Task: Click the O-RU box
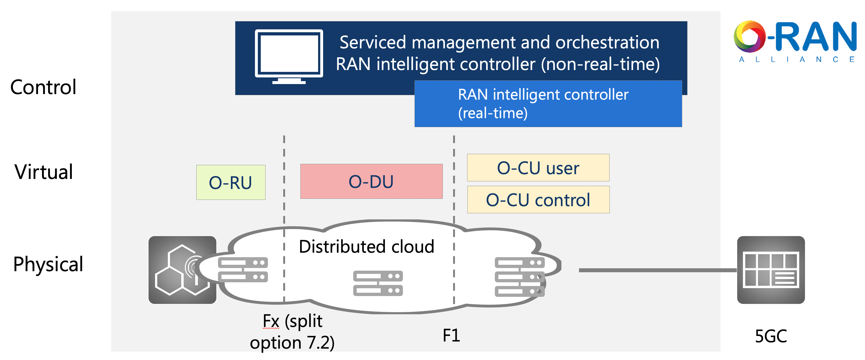[x=231, y=182]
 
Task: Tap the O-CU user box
[x=538, y=168]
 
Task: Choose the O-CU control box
[x=538, y=200]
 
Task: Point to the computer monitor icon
[x=289, y=56]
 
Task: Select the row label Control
[x=43, y=87]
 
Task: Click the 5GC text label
[x=771, y=336]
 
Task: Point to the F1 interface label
[x=451, y=335]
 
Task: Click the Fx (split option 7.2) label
[x=292, y=332]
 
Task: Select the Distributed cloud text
[x=366, y=247]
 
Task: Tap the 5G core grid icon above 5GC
[x=771, y=270]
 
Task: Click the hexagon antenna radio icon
[x=182, y=270]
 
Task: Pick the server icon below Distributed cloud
[x=378, y=283]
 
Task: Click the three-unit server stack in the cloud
[x=519, y=277]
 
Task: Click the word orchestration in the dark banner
[x=607, y=43]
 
